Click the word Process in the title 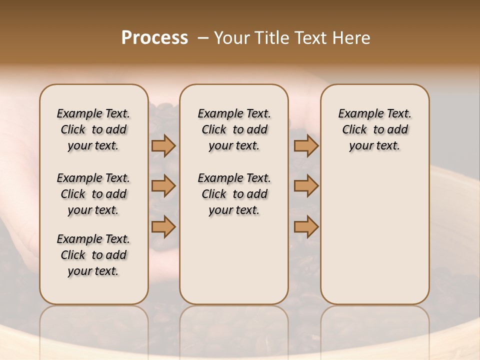click(154, 37)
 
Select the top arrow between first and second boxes click(163, 145)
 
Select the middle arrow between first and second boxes click(163, 186)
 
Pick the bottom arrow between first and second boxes click(163, 226)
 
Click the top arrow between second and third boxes click(306, 145)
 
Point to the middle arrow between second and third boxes click(306, 186)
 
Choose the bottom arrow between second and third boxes click(306, 226)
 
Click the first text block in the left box click(93, 129)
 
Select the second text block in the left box click(93, 194)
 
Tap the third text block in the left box click(93, 255)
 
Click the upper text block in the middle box click(234, 129)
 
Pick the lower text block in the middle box click(234, 194)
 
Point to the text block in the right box click(375, 129)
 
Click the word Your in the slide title click(229, 37)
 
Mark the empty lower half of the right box click(375, 235)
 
